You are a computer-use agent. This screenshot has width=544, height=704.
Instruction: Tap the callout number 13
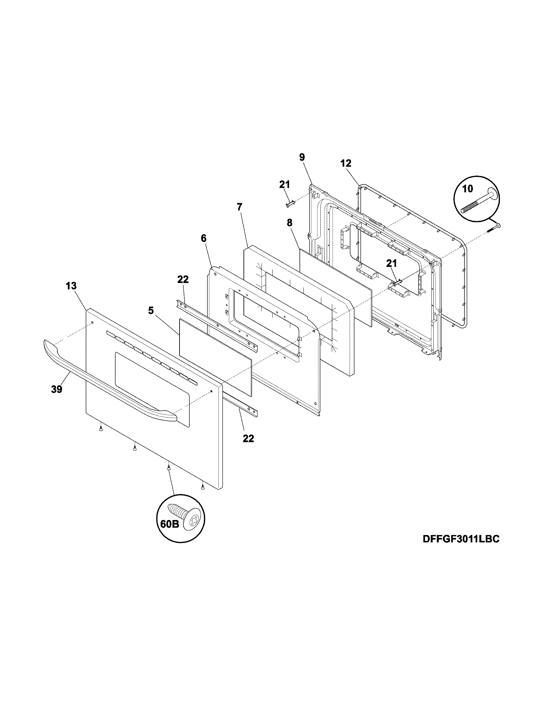(x=72, y=285)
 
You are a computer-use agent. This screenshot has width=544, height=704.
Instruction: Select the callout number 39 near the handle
(x=56, y=389)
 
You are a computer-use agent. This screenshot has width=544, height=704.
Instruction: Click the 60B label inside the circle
(x=170, y=524)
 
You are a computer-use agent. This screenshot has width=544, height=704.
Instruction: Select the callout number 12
(x=346, y=163)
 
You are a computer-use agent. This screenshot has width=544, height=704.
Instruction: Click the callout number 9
(x=302, y=157)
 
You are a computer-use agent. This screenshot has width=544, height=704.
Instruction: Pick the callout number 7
(x=239, y=207)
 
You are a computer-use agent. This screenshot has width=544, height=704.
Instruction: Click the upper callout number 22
(x=183, y=279)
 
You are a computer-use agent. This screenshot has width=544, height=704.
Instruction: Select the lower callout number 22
(x=248, y=438)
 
